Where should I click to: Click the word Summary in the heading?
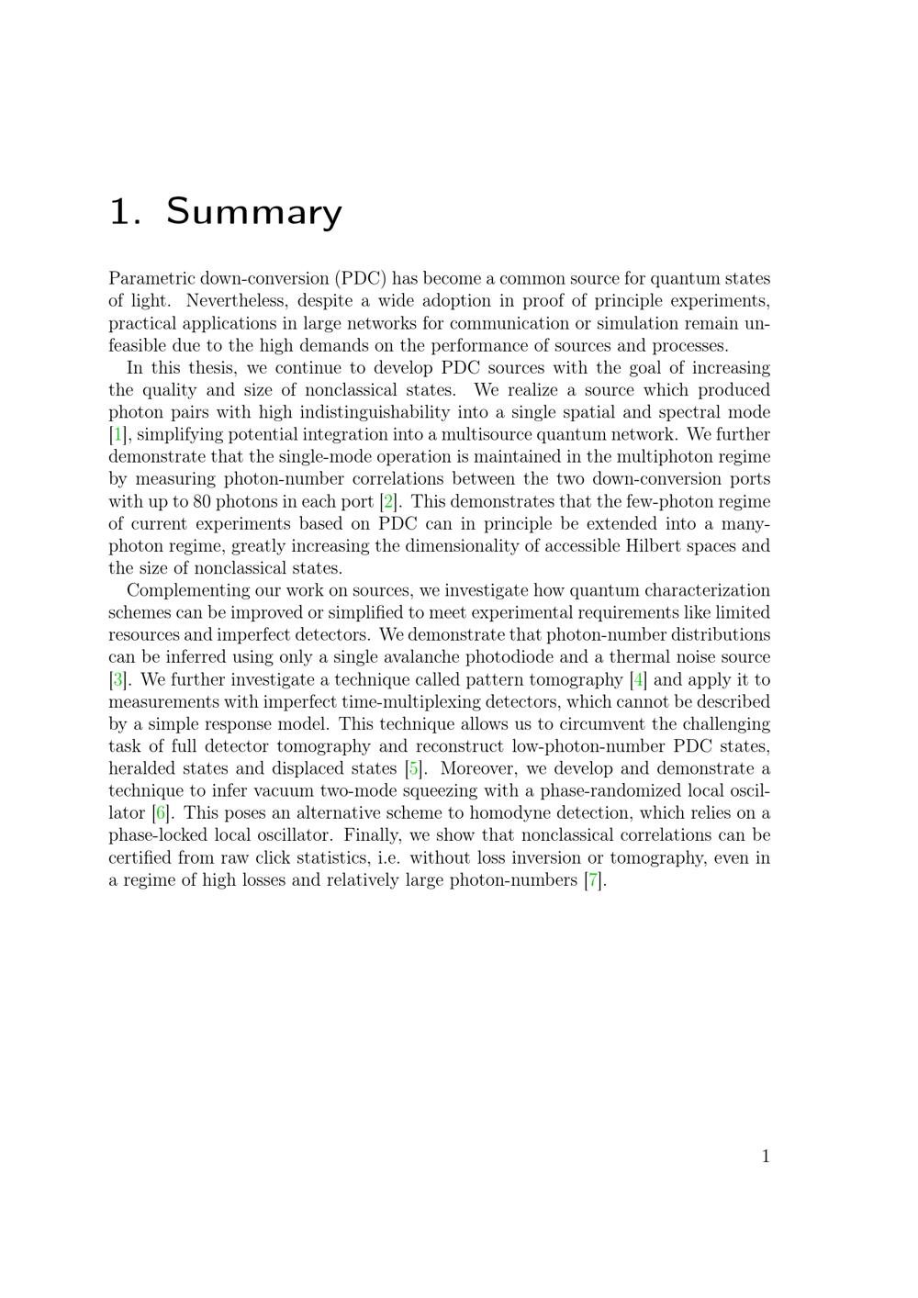tap(253, 212)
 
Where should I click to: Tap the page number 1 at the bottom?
tap(766, 1157)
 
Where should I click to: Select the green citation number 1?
tap(118, 435)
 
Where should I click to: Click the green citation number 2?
tap(389, 502)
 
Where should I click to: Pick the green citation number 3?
tap(118, 680)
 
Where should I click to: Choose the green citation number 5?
tap(414, 769)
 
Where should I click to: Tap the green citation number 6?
tap(161, 813)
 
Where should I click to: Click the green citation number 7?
tap(593, 880)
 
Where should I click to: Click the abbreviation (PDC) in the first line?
tap(361, 279)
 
